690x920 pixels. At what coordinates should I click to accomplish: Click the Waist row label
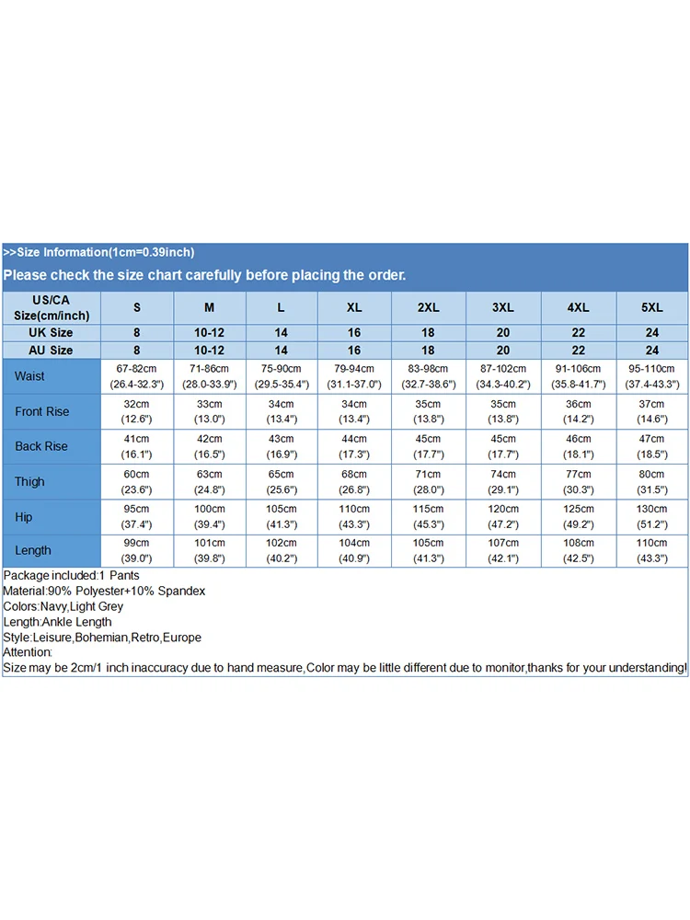click(29, 376)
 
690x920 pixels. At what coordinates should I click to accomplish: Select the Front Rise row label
click(41, 411)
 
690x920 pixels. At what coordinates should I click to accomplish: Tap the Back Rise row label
click(41, 446)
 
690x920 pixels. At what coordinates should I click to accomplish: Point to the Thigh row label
click(29, 481)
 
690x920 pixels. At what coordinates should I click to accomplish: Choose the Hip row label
click(24, 517)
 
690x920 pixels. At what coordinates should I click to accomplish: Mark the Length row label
click(33, 550)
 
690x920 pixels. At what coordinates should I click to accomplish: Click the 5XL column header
click(652, 307)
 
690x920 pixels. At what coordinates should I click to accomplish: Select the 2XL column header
click(428, 307)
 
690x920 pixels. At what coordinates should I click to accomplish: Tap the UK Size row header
click(51, 332)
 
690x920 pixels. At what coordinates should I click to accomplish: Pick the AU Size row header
click(51, 351)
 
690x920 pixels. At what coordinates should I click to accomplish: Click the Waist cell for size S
click(137, 376)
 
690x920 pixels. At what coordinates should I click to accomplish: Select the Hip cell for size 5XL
click(652, 517)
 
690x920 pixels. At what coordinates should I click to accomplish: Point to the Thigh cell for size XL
click(354, 481)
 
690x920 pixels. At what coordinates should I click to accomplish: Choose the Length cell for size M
click(209, 550)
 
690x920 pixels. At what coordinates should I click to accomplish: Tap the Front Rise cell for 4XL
click(578, 411)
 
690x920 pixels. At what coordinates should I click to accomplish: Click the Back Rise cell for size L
click(282, 446)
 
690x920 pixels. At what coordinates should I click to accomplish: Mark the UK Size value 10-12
click(209, 332)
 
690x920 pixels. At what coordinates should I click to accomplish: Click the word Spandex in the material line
click(184, 591)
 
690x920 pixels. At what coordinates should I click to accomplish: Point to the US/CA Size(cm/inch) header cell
click(51, 307)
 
